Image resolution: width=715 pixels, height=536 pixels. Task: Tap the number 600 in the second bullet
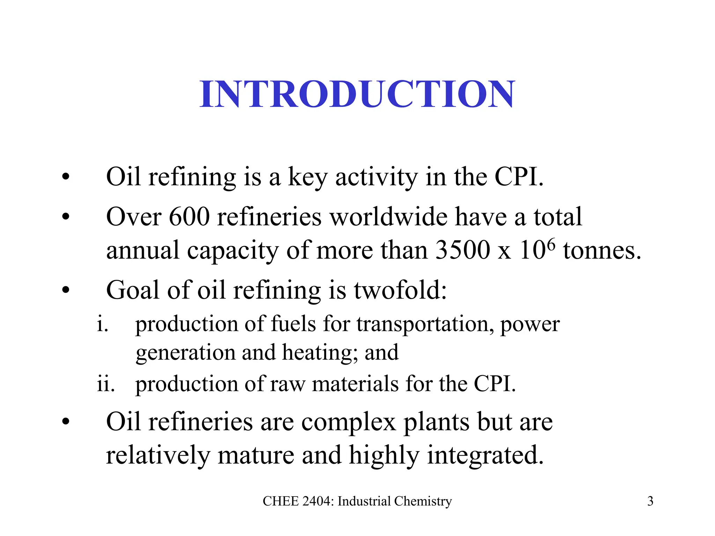(x=189, y=217)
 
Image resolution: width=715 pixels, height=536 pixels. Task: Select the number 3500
(x=463, y=250)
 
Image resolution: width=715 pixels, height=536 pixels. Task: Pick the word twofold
(x=400, y=290)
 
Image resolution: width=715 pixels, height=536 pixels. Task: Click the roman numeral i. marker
(x=102, y=324)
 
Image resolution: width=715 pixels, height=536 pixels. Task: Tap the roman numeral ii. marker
(x=105, y=384)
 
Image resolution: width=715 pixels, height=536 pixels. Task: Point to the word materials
(x=355, y=384)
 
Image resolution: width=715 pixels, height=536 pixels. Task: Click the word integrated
(x=485, y=456)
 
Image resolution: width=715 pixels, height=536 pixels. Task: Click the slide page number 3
(x=650, y=501)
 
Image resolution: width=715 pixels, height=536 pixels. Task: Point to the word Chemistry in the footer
(x=423, y=501)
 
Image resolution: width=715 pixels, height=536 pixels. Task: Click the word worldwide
(x=388, y=217)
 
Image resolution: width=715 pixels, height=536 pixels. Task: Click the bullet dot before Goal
(x=66, y=290)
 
